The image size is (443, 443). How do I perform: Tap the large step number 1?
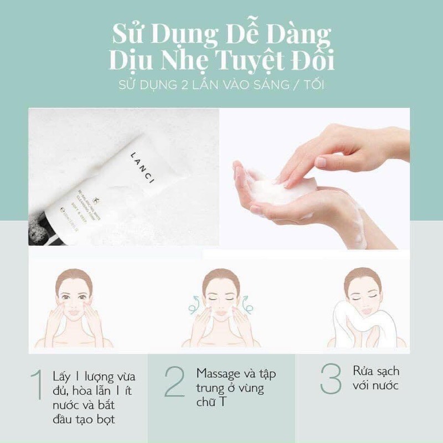pos(38,382)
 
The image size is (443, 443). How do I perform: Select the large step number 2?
pos(174,382)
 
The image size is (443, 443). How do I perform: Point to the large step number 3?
pos(331,378)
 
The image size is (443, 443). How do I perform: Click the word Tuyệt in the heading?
pos(234,60)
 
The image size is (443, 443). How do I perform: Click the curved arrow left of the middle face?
pos(192,303)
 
